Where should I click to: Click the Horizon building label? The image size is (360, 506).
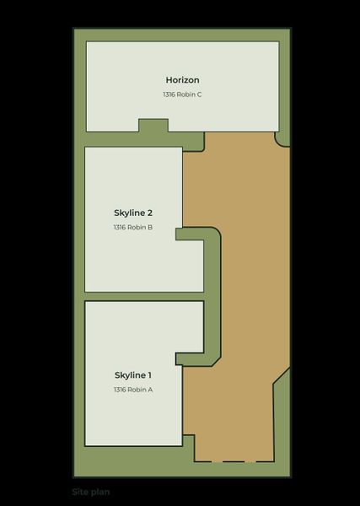(182, 80)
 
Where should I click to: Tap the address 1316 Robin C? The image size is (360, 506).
(182, 94)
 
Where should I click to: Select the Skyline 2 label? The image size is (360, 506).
(132, 213)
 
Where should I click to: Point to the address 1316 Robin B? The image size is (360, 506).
(132, 227)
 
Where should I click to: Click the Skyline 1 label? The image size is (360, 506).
(132, 374)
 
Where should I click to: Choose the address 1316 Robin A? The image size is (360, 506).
(132, 390)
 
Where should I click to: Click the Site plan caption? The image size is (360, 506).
(91, 492)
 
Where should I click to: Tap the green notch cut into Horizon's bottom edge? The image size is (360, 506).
(153, 126)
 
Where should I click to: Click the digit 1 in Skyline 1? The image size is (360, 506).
(149, 374)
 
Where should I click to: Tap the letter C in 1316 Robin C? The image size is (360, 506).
(199, 94)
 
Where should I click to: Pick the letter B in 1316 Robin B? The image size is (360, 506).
(149, 227)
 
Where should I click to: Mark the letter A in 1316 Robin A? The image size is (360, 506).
(149, 390)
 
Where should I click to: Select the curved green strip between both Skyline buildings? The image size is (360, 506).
(212, 295)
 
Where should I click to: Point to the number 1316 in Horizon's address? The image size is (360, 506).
(170, 94)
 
